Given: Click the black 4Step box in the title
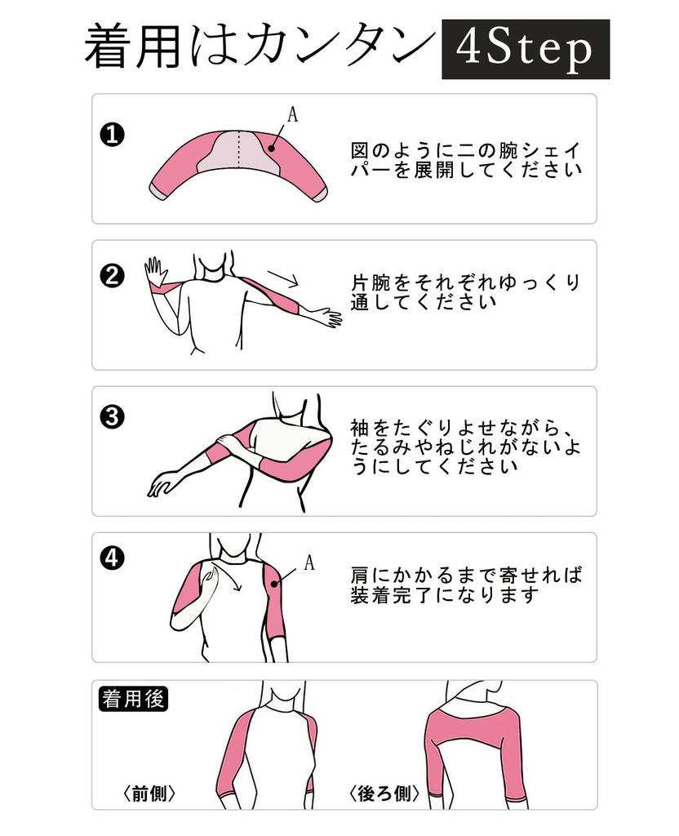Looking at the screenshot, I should (526, 50).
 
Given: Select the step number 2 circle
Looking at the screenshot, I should (112, 277).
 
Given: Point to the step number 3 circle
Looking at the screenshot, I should (112, 417).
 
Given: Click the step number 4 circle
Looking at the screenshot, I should (112, 559).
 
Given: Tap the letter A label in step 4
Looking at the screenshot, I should (309, 562).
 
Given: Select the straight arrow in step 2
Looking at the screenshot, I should (282, 278).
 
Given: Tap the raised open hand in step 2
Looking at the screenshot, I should (155, 270).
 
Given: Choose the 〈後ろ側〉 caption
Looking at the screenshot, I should (384, 793).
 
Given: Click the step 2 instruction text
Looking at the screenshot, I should (465, 291).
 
